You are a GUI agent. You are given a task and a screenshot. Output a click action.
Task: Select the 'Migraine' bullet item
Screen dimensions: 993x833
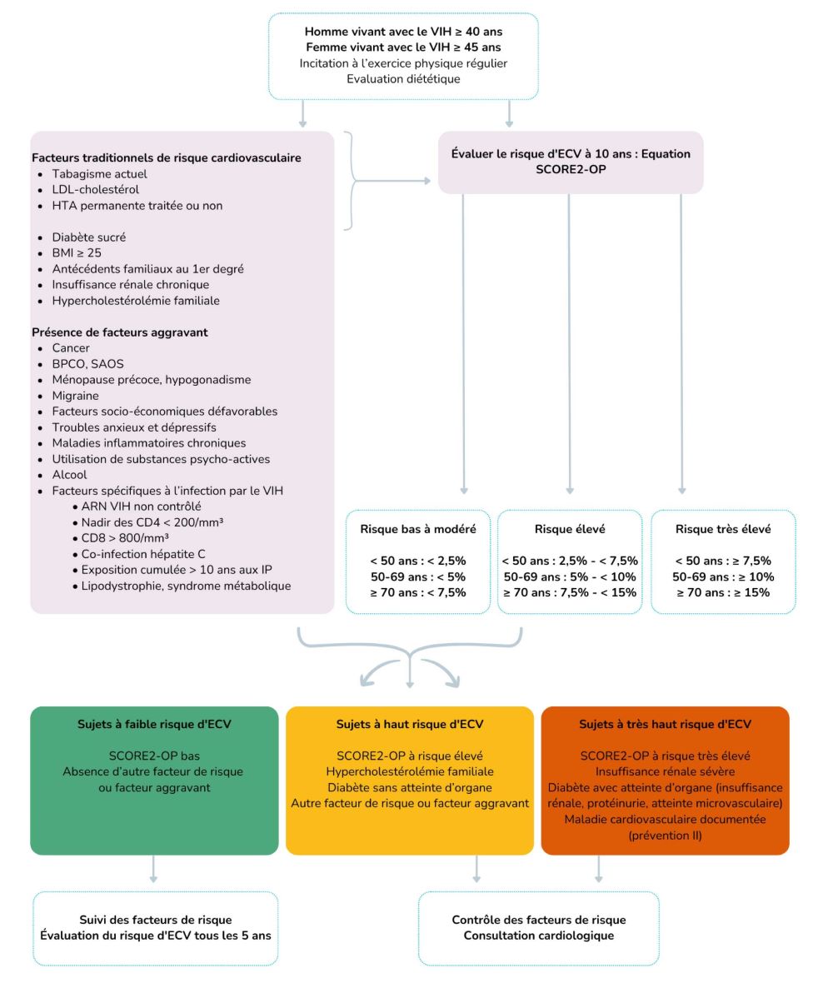click(x=75, y=396)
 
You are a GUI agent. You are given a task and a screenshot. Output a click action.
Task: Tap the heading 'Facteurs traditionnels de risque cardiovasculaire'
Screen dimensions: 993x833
click(x=167, y=157)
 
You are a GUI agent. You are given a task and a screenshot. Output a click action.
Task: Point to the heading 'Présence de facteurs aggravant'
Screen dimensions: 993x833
click(x=119, y=332)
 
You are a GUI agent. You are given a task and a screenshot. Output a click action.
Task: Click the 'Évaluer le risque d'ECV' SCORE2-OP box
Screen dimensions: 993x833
click(x=571, y=162)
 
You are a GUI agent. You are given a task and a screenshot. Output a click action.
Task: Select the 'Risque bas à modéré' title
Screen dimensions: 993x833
click(x=418, y=528)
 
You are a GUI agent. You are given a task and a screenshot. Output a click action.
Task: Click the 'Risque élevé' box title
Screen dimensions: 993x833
click(x=570, y=528)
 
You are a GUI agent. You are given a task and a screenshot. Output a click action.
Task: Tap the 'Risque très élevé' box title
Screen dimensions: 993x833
click(x=723, y=528)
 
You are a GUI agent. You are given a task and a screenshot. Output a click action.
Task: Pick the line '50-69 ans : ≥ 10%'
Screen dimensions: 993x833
click(x=723, y=576)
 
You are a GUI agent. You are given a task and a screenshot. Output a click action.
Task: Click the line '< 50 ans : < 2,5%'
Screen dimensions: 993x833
click(x=418, y=561)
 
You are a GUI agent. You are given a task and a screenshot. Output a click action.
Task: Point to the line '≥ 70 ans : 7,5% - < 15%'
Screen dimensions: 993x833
click(x=570, y=592)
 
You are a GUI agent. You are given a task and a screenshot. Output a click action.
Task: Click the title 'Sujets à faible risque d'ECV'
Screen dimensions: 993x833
click(x=154, y=724)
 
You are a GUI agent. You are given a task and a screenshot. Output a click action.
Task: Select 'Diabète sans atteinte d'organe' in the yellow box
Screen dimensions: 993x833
click(x=409, y=787)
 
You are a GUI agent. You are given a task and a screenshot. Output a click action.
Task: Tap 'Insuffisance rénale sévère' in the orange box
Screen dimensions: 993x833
click(x=665, y=771)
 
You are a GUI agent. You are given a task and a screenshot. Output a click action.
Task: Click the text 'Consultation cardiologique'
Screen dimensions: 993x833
click(x=538, y=936)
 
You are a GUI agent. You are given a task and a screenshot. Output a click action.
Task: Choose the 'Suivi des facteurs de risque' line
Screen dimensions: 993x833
click(x=154, y=920)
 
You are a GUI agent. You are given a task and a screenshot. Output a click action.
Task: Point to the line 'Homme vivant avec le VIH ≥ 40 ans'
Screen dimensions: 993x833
click(x=403, y=32)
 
